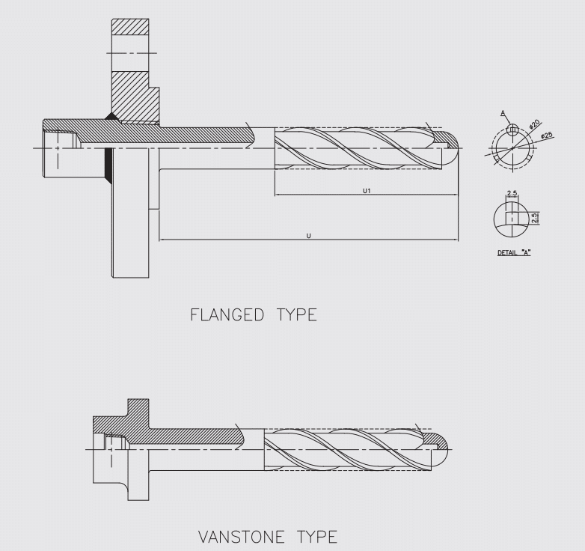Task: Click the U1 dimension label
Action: coord(367,192)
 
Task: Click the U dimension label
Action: coord(309,236)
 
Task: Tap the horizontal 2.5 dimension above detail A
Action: coord(512,194)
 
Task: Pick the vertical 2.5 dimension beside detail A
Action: coord(535,218)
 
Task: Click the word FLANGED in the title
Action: coord(218,314)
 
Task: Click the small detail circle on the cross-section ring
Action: coord(512,130)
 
